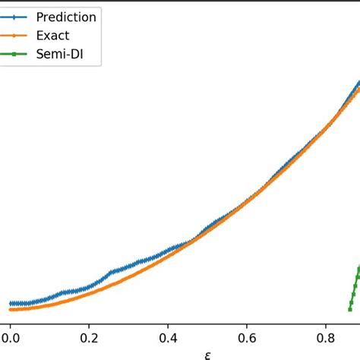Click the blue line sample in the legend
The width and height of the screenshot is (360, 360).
(17, 17)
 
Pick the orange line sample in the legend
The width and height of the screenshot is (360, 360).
(17, 35)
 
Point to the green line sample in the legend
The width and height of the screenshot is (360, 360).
(17, 54)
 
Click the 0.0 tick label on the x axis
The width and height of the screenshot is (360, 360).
(10, 333)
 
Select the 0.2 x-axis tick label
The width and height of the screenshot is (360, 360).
(89, 333)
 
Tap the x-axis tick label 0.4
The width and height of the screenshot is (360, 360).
(168, 333)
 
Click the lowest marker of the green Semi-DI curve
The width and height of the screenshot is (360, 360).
(350, 309)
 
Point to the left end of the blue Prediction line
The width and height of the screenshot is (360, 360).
(11, 303)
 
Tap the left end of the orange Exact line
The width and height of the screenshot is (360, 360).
(11, 309)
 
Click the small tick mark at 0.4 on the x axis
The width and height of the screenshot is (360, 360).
(168, 321)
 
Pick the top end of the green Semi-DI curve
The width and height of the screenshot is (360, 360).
(359, 267)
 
